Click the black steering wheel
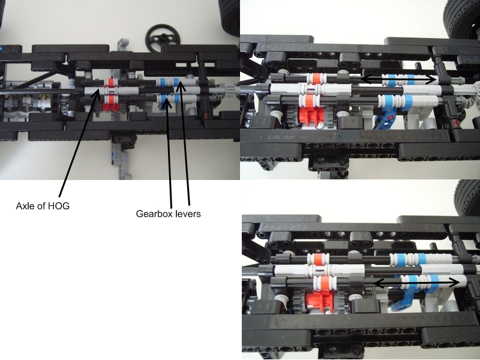[163, 38]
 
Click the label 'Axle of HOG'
[43, 206]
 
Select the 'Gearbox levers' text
[169, 214]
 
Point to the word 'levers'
[189, 214]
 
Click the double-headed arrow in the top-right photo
[398, 79]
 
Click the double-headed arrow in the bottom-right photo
[416, 283]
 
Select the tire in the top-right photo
[462, 19]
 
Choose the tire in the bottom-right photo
[467, 197]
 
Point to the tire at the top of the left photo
[229, 17]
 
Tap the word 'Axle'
[25, 206]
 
